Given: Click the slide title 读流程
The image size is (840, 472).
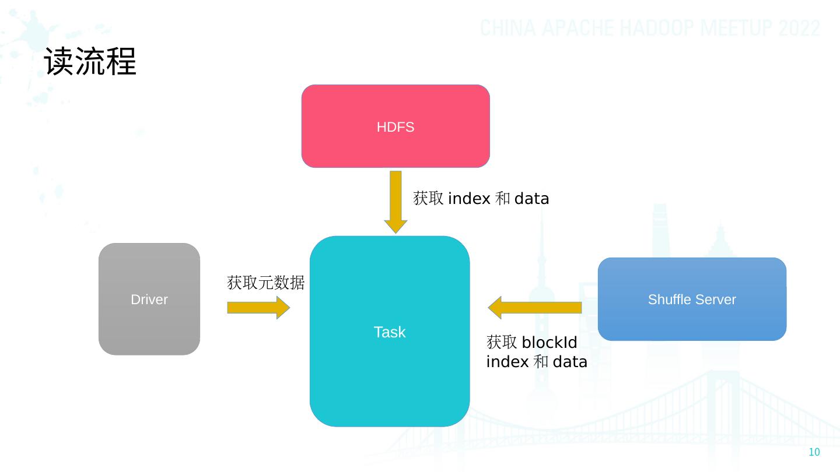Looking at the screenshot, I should (x=90, y=62).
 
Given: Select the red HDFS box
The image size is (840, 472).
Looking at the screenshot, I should (x=395, y=126).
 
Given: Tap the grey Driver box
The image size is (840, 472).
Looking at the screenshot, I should (x=149, y=299).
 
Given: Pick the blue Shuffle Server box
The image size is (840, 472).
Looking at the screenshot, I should (x=692, y=299).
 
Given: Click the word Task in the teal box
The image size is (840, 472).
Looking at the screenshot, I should (x=389, y=332).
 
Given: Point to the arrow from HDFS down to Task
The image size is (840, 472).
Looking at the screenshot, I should (x=395, y=202).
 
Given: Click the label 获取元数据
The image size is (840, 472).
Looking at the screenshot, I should (x=265, y=283).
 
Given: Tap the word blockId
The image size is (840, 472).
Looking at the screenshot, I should (x=549, y=342).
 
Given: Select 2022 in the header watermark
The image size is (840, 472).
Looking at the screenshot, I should (x=800, y=28).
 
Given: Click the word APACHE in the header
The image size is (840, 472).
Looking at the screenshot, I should (x=575, y=28).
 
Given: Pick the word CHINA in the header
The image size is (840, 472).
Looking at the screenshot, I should (x=507, y=28).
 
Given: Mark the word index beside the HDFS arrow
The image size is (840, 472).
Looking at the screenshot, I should (x=469, y=199).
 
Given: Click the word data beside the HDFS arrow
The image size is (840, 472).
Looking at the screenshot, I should (x=531, y=199).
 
